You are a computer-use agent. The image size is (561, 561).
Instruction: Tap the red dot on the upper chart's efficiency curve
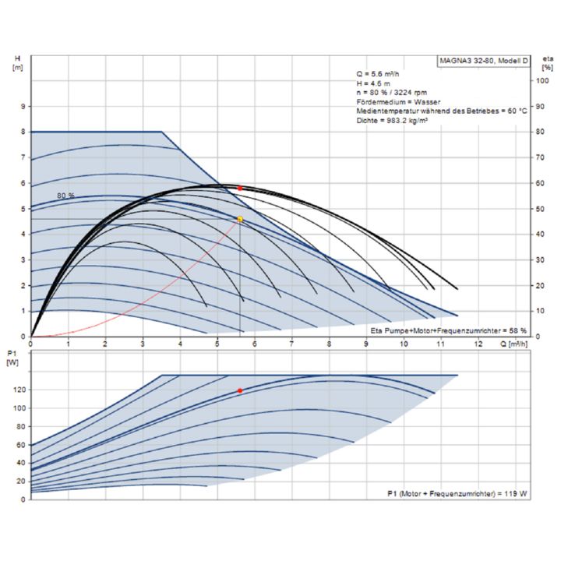point(240,188)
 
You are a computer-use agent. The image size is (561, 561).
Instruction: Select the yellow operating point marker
point(240,220)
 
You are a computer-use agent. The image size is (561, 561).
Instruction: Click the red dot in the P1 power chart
point(240,390)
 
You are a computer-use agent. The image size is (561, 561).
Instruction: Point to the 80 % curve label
point(66,195)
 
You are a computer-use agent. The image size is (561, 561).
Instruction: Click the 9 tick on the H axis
point(23,106)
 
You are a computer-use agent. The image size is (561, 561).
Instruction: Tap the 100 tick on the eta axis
point(538,80)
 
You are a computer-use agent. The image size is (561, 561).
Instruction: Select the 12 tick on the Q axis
point(478,344)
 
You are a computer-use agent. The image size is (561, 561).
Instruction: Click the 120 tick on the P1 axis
point(19,390)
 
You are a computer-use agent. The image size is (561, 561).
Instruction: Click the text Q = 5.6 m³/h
point(379,73)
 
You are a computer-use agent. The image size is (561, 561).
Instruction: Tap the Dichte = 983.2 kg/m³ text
point(394,120)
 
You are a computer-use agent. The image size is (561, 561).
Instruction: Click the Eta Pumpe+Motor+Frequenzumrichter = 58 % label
point(448,331)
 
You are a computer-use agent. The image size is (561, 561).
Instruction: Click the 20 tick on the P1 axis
point(21,481)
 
